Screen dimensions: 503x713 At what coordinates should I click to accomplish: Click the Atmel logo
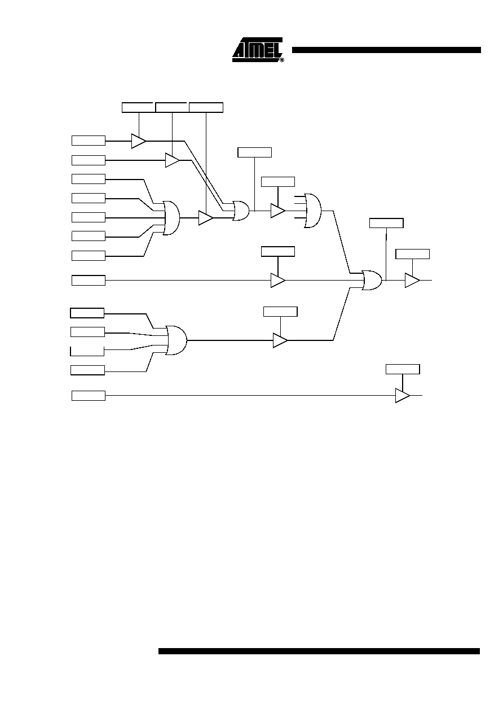(257, 50)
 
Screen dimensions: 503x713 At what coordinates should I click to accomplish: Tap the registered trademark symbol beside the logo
(282, 60)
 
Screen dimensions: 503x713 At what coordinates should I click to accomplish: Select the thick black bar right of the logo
(386, 50)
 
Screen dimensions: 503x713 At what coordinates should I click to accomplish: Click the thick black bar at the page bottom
(319, 651)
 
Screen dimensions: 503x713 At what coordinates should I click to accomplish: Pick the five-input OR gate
(171, 218)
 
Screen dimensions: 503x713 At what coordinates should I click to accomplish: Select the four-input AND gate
(177, 340)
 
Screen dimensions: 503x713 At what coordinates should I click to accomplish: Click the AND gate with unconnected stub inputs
(312, 211)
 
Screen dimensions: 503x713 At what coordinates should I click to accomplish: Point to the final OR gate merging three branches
(372, 281)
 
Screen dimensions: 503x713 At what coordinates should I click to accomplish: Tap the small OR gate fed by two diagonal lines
(241, 211)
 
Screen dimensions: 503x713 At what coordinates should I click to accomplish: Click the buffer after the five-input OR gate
(205, 218)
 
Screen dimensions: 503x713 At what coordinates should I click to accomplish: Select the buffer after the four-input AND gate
(280, 340)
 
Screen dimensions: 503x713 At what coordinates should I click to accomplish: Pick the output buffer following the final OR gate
(412, 281)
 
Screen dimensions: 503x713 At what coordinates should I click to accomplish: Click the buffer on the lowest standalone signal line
(403, 396)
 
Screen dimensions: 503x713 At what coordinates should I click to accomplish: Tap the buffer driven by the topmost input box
(139, 141)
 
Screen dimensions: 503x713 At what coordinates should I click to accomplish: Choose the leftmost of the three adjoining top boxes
(139, 108)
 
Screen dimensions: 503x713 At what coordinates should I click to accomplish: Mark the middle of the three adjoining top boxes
(173, 108)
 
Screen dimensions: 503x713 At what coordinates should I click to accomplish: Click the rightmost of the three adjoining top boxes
(206, 108)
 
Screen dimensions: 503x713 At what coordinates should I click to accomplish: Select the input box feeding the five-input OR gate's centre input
(89, 217)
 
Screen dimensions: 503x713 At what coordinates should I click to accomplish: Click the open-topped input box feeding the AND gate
(87, 351)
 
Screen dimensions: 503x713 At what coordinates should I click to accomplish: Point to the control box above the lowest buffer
(403, 369)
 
